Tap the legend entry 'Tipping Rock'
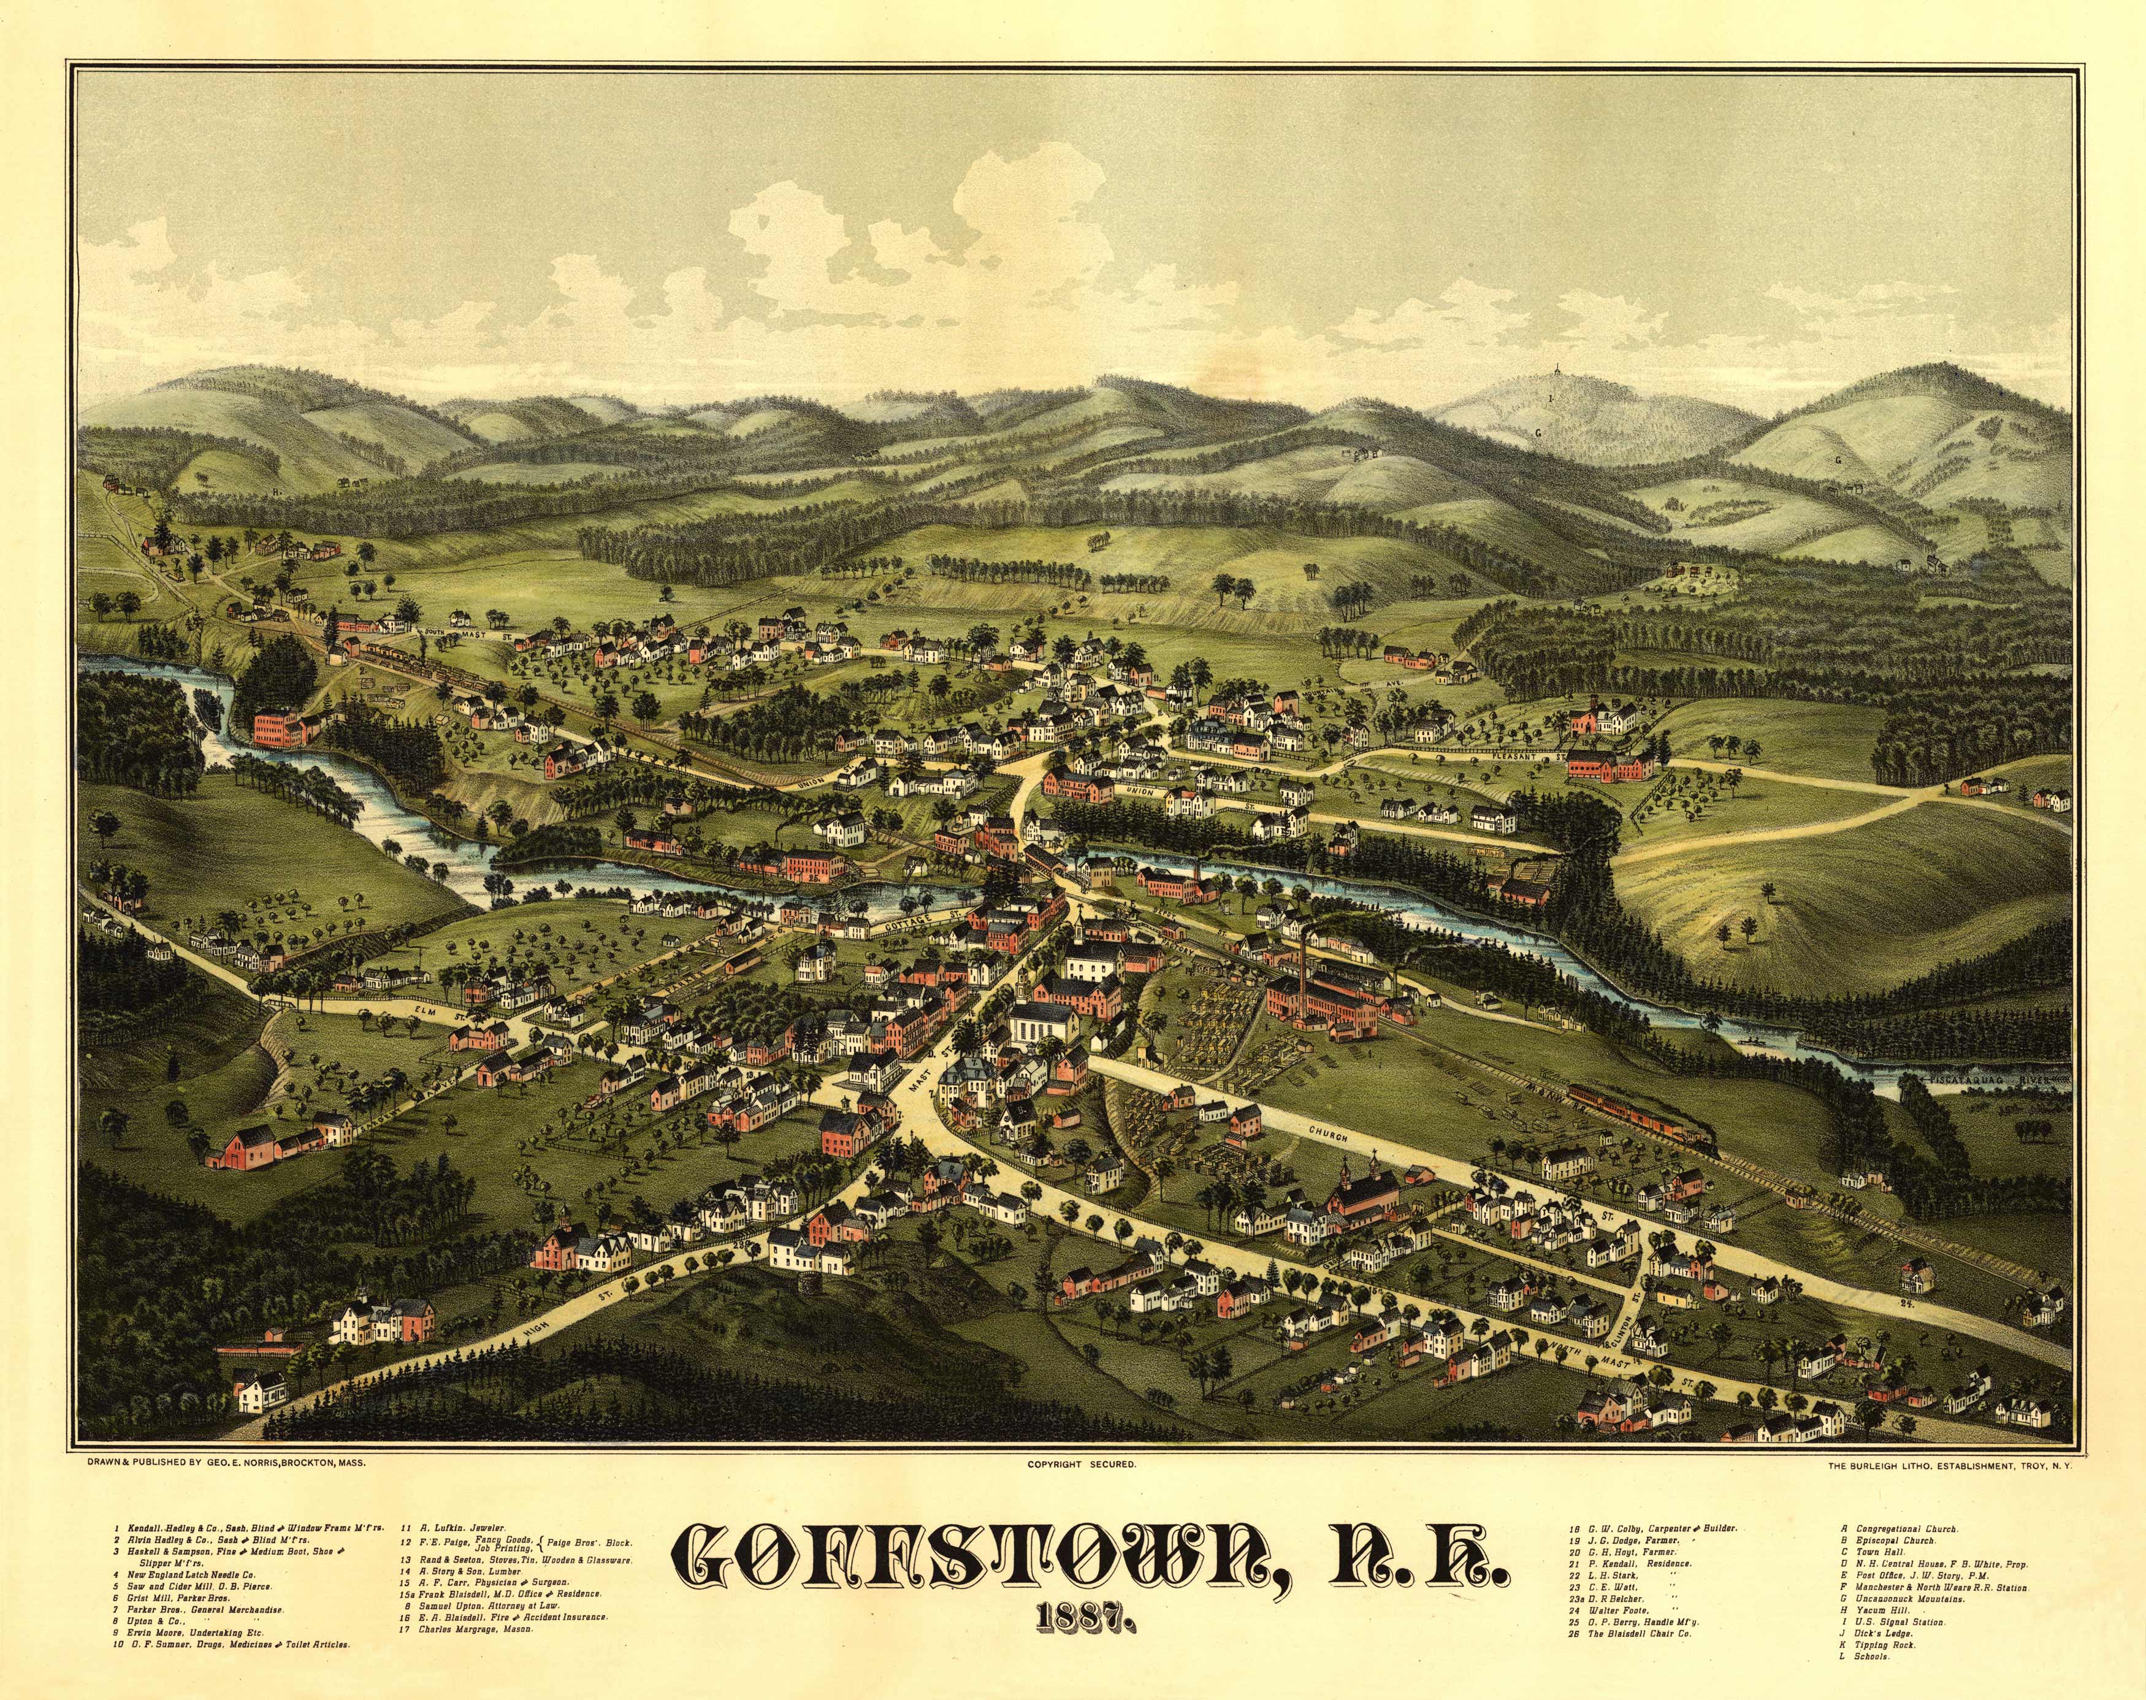1881,1673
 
